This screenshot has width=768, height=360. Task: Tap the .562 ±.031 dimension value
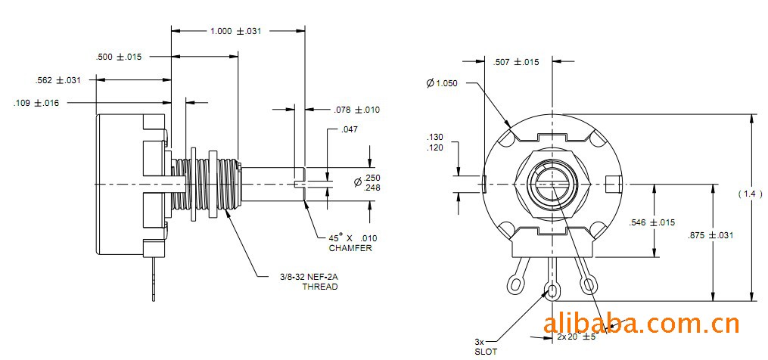tap(58, 80)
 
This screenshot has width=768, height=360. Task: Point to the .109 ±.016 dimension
tap(36, 103)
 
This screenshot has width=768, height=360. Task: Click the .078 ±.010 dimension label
tap(356, 110)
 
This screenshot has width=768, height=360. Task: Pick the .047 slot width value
tap(349, 129)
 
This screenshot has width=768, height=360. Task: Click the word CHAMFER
tap(350, 248)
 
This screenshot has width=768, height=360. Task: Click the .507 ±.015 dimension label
tap(516, 62)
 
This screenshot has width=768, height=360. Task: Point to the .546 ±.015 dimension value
tap(651, 222)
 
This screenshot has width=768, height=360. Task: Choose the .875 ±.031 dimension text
tap(712, 235)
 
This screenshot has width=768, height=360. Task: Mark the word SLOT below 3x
tap(486, 352)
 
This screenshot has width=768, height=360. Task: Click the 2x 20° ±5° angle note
tap(577, 336)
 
